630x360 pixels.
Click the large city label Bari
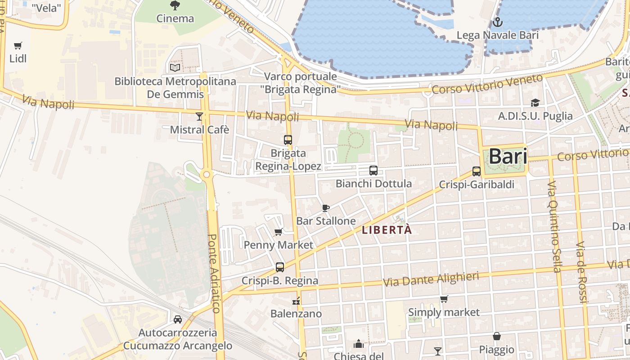coord(508,157)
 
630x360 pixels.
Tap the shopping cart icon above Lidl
coord(18,45)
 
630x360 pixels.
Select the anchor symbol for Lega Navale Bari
coord(497,22)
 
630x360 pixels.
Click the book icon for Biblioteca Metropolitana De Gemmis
coord(175,68)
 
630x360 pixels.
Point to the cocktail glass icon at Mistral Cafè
coord(199,117)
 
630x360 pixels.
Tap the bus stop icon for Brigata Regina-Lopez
coord(288,140)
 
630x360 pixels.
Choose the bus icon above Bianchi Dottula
coord(373,171)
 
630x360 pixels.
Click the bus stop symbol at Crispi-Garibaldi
coord(477,171)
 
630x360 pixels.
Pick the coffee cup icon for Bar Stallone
coord(326,208)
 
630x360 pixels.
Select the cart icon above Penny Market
coord(278,232)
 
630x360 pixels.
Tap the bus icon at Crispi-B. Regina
coord(280,267)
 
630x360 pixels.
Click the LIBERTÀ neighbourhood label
coord(387,230)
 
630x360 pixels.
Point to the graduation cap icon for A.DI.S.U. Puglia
coord(535,103)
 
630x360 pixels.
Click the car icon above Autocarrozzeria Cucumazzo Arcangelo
coord(178,319)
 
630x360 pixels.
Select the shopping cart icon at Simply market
coord(444,299)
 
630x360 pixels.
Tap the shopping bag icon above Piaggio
coord(497,336)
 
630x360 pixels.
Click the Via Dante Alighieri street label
coord(431,279)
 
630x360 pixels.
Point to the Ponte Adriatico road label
coord(214,273)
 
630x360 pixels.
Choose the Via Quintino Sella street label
coord(554,226)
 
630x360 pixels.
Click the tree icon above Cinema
coord(175,6)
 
